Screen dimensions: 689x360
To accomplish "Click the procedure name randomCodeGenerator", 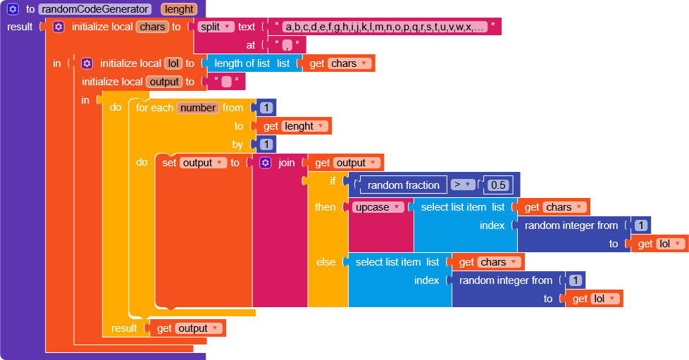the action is click(x=95, y=8).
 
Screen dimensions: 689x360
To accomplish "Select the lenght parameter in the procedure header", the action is click(x=179, y=8).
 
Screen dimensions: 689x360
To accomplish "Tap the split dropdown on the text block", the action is click(x=216, y=27).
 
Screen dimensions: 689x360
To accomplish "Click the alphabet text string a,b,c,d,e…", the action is click(x=385, y=27).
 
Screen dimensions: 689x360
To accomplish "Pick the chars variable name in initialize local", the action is click(x=152, y=27).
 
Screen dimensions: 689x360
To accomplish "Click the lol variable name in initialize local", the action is click(x=173, y=63).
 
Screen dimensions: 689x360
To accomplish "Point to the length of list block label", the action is click(x=242, y=63).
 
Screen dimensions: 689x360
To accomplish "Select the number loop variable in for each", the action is click(x=198, y=108).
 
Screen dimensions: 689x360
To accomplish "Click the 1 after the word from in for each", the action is click(x=266, y=108).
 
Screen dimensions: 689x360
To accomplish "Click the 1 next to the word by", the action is click(x=266, y=144).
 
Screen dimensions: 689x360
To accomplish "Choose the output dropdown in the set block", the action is click(x=202, y=163).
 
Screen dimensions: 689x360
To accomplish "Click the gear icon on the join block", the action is click(x=265, y=163).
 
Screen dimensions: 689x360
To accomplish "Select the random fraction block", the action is click(x=403, y=185).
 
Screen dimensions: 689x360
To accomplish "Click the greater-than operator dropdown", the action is click(x=463, y=185).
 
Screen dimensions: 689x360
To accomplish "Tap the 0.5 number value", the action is click(x=498, y=185).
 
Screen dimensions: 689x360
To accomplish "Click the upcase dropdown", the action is click(x=378, y=207).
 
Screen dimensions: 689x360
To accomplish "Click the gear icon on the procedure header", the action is click(x=13, y=8).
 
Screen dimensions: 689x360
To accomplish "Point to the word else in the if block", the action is click(x=325, y=262).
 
